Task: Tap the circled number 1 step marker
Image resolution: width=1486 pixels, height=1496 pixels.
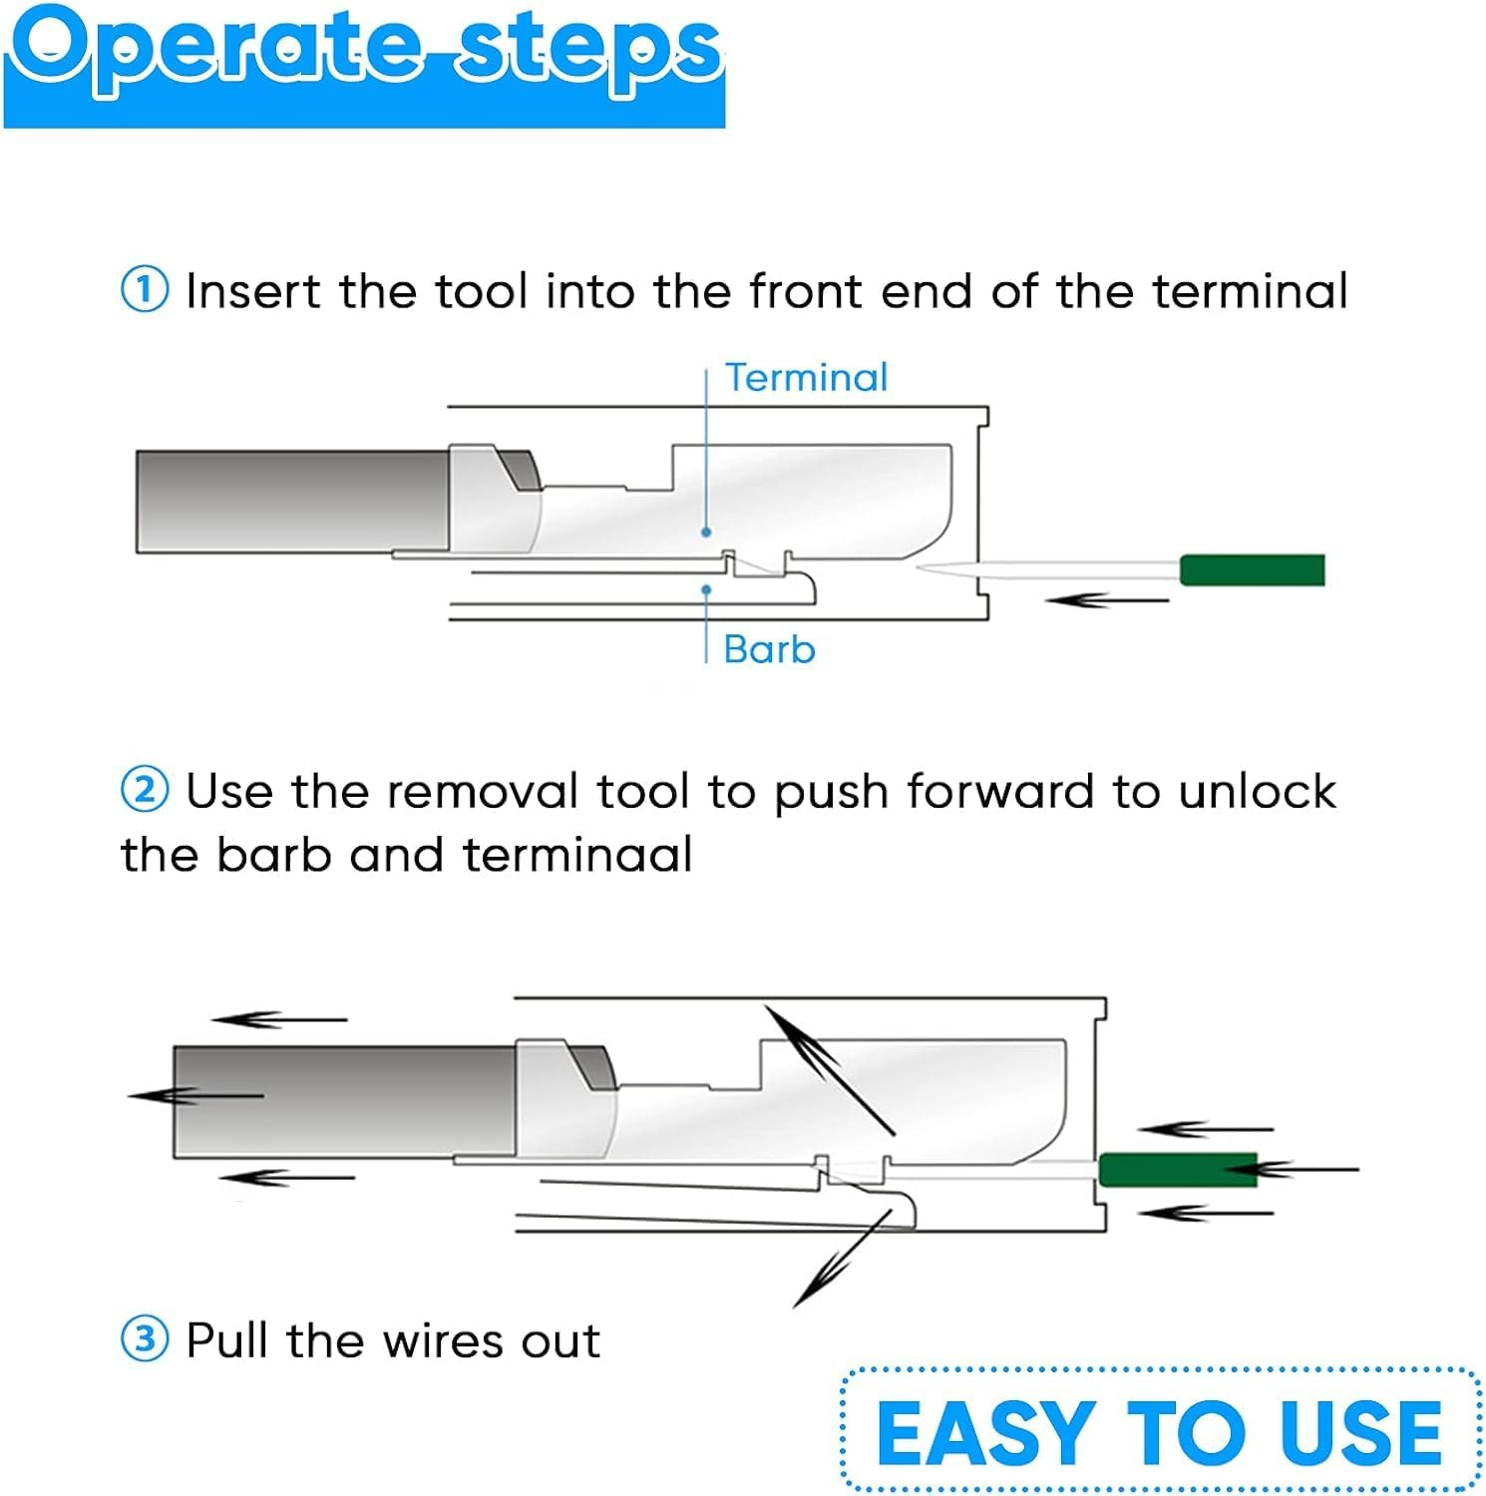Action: tap(145, 291)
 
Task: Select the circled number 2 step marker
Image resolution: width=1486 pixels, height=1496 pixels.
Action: tap(145, 791)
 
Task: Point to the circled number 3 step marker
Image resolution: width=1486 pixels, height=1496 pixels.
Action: tap(145, 1339)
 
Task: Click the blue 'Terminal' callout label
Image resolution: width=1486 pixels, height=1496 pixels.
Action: tap(806, 378)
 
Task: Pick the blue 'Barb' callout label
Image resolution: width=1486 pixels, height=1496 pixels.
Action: tap(769, 650)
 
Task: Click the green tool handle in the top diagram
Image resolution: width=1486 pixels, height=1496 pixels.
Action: tap(1252, 569)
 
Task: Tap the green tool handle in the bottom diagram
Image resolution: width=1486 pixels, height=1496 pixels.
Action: tap(1177, 1169)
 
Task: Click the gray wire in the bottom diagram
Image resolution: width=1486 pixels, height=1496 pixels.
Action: tap(344, 1101)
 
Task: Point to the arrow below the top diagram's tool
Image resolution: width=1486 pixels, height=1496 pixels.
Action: tap(1106, 600)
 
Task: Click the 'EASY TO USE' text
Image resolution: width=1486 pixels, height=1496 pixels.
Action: tap(1159, 1433)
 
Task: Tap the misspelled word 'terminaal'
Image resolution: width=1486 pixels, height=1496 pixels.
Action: tap(577, 856)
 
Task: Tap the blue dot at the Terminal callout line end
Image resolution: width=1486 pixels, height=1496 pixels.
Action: tap(706, 533)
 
